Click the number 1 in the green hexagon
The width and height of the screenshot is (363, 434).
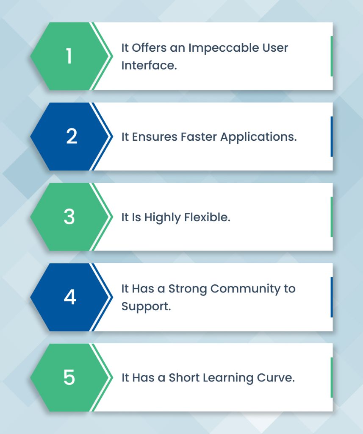(x=69, y=56)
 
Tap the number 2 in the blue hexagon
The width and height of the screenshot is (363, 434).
(x=72, y=136)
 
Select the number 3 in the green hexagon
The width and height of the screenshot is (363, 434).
(x=69, y=217)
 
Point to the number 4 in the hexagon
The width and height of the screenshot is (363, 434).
(x=70, y=297)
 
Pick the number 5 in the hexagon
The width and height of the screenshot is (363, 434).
(x=69, y=377)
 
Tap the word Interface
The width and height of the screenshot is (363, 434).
(x=149, y=65)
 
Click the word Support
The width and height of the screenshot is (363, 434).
(x=146, y=306)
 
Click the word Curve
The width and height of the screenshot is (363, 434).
(x=277, y=378)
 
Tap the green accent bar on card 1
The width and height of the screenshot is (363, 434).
(x=331, y=56)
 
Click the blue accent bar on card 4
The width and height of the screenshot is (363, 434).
(x=331, y=297)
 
